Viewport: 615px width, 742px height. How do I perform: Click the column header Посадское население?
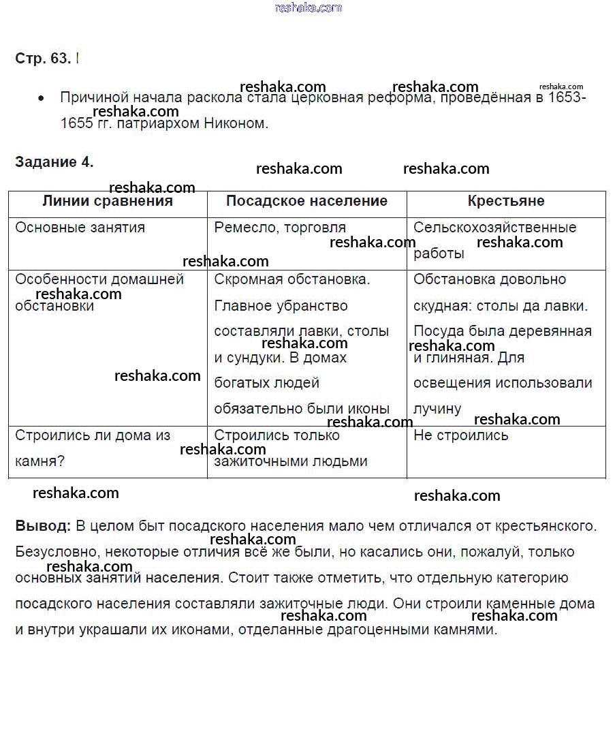tap(306, 201)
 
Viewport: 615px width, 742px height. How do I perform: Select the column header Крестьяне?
tap(506, 201)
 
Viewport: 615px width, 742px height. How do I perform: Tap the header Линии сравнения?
tap(108, 201)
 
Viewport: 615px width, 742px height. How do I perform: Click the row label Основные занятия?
tap(80, 228)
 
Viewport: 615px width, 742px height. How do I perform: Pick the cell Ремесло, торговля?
tap(280, 228)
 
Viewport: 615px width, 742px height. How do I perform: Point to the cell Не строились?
tap(460, 435)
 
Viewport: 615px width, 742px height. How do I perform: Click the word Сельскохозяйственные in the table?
tap(494, 228)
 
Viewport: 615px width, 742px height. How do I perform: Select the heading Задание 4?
tap(54, 162)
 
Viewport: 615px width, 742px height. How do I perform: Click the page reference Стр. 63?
tap(43, 59)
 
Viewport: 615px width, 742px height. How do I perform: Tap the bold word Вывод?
tap(42, 526)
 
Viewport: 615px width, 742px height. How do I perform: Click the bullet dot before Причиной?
tap(42, 99)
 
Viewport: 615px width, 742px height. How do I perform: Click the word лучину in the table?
tap(437, 409)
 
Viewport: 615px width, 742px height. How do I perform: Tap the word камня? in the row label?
tap(40, 461)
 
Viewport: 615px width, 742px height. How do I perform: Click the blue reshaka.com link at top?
tap(308, 7)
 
